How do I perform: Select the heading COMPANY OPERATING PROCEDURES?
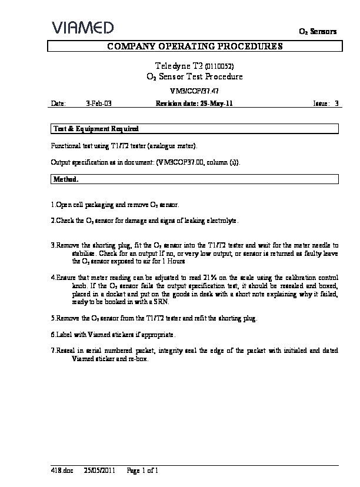point(194,46)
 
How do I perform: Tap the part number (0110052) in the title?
point(223,66)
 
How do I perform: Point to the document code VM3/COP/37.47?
point(194,91)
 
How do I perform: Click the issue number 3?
point(336,103)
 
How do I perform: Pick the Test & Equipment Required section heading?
point(96,128)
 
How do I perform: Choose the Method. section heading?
point(66,178)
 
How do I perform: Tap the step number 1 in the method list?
point(53,205)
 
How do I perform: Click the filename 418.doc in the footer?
point(59,471)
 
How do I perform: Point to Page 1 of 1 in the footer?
point(143,471)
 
